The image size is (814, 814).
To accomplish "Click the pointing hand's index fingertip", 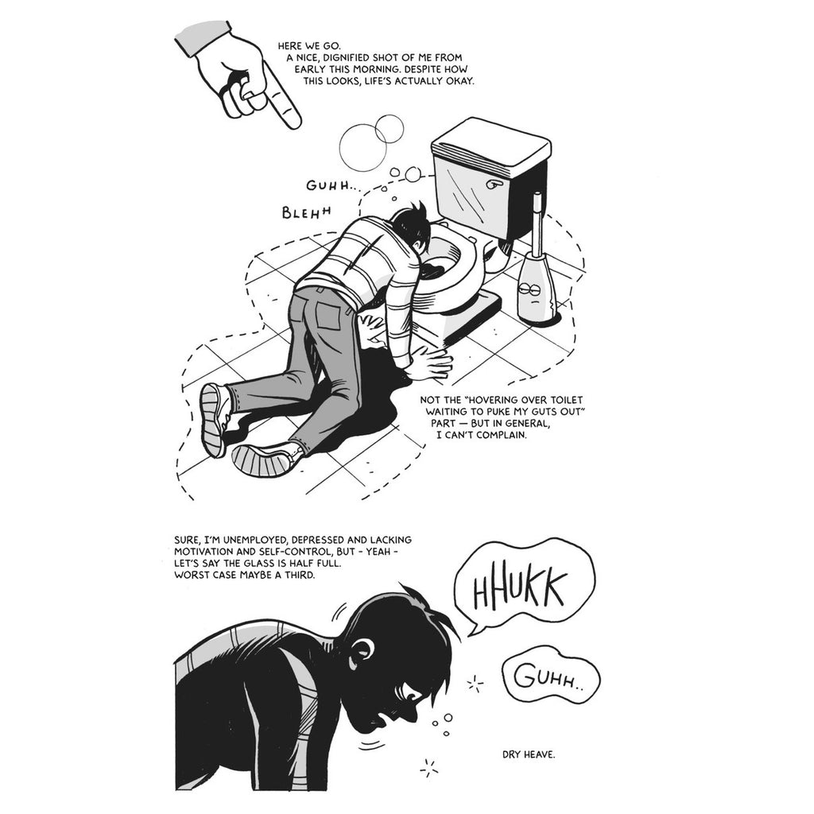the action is [x=294, y=122].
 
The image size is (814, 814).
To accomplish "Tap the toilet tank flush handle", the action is [x=495, y=184].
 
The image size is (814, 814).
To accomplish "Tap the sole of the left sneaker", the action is [x=213, y=421].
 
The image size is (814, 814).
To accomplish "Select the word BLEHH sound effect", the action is [x=306, y=211].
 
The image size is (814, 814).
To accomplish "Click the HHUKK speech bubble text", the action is [x=519, y=590].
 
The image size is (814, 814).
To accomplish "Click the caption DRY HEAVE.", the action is [x=529, y=754].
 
